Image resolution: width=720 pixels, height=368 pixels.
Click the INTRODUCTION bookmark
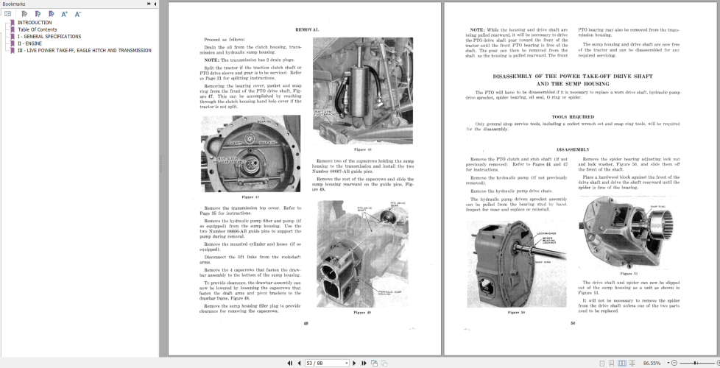(x=35, y=23)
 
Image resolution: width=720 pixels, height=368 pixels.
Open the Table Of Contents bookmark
(x=38, y=29)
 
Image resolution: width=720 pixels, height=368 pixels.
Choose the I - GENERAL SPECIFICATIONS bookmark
(x=49, y=36)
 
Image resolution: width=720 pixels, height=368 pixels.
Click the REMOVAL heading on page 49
(x=307, y=29)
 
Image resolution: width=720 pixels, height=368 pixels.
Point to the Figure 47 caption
(x=250, y=197)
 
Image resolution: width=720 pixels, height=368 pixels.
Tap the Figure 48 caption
(x=362, y=149)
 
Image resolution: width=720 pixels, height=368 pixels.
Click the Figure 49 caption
(x=362, y=312)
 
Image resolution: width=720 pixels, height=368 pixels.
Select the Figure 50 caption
(x=517, y=312)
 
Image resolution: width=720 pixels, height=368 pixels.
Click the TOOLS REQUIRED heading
(x=572, y=116)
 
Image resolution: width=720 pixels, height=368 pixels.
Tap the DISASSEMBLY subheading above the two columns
(x=572, y=148)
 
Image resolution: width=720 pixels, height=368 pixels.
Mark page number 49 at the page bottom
(x=306, y=322)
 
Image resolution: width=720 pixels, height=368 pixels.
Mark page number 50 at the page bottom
(x=572, y=322)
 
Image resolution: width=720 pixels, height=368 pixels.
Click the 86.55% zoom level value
(x=652, y=363)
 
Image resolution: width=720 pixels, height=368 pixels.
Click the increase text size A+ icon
(x=64, y=14)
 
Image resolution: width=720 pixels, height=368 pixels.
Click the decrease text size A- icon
(x=77, y=14)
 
